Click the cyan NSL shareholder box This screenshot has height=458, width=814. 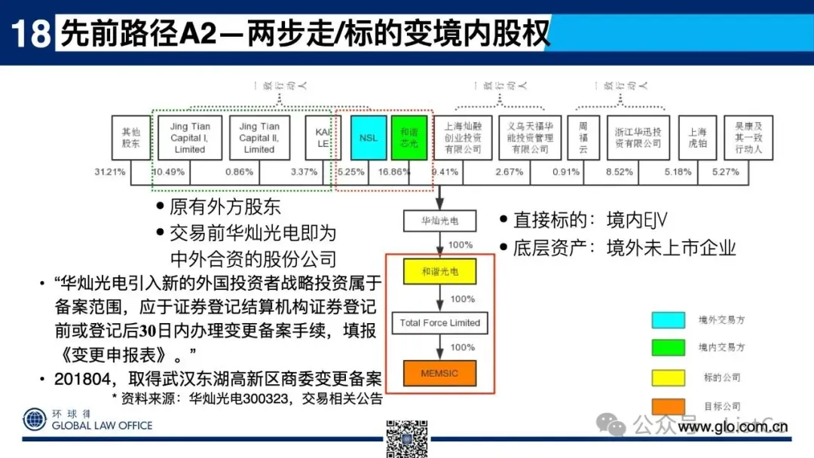point(369,138)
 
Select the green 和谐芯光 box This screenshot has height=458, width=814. point(409,138)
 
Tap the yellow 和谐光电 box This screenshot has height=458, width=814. point(439,271)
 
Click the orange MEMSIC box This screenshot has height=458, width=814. point(439,373)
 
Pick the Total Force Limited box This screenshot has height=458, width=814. point(439,322)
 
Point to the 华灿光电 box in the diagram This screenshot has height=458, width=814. point(439,221)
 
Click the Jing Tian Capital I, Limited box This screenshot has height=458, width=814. point(190,138)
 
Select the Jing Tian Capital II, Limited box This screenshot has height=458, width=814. point(259,138)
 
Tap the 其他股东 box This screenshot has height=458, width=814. point(131,138)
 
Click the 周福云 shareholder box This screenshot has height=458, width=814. point(583,138)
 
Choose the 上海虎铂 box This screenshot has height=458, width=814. point(697,138)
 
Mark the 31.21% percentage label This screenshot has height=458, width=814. point(110,172)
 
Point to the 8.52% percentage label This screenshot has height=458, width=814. point(620,172)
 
